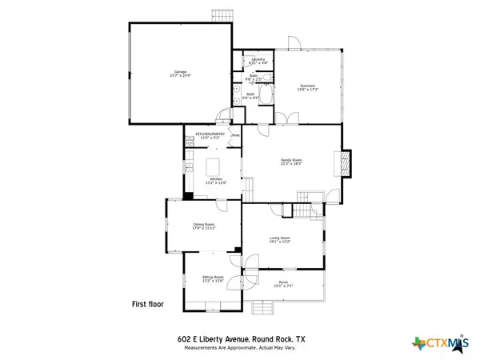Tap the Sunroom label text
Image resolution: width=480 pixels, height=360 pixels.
(x=309, y=87)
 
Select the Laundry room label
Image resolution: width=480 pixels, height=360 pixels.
(x=258, y=61)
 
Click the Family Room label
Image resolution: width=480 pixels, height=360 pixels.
(x=290, y=162)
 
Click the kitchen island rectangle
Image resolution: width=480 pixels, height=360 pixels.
(x=214, y=166)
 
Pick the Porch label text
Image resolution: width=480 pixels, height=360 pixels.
(x=283, y=284)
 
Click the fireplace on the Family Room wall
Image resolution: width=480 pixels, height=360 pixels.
(x=345, y=162)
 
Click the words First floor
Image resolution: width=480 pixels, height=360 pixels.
(x=149, y=304)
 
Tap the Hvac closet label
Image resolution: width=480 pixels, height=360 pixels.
(x=236, y=135)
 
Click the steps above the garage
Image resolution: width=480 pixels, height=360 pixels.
(x=220, y=15)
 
